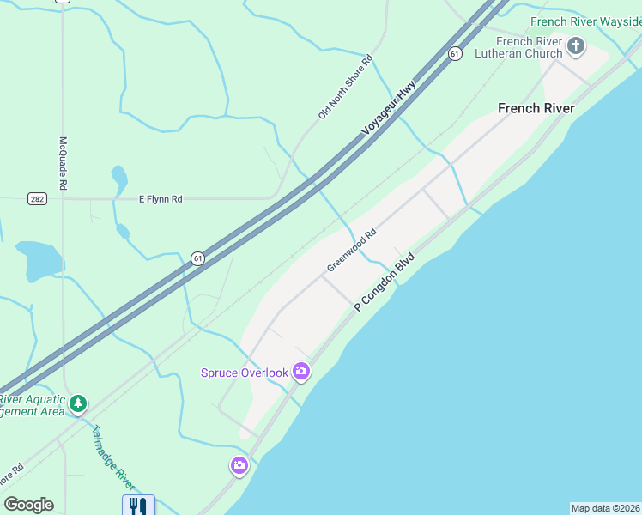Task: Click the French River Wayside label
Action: point(585,21)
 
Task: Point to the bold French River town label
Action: point(536,108)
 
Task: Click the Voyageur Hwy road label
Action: point(389,108)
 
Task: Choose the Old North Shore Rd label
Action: point(345,86)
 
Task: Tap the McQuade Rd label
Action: point(63,163)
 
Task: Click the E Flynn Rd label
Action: point(160,199)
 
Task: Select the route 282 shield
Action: point(37,198)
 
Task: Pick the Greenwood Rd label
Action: point(351,251)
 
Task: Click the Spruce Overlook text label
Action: point(244,373)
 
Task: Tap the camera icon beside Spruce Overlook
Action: point(301,372)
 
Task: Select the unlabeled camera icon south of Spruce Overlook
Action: point(239,465)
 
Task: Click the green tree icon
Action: point(78,403)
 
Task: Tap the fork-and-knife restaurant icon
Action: point(138,505)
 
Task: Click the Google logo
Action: point(28,505)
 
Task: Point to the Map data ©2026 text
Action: point(605,508)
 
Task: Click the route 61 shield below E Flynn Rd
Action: point(197,257)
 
